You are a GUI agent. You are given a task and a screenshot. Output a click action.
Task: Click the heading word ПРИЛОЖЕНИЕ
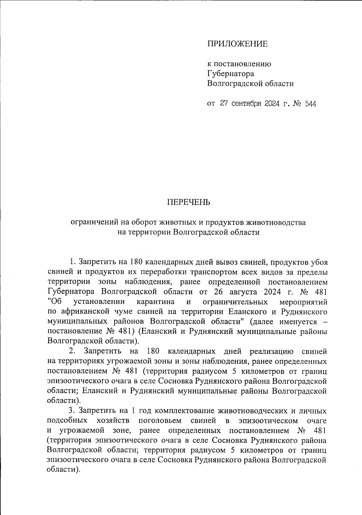click(x=237, y=44)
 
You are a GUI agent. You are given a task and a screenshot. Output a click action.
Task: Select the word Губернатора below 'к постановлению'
click(x=230, y=74)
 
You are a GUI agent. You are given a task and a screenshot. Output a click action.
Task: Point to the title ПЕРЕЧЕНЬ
click(x=189, y=202)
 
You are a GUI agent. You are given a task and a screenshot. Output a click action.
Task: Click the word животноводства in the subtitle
click(x=276, y=222)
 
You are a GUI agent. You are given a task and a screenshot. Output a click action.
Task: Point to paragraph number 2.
click(x=72, y=351)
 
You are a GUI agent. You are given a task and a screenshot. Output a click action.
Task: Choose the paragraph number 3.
click(x=72, y=410)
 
